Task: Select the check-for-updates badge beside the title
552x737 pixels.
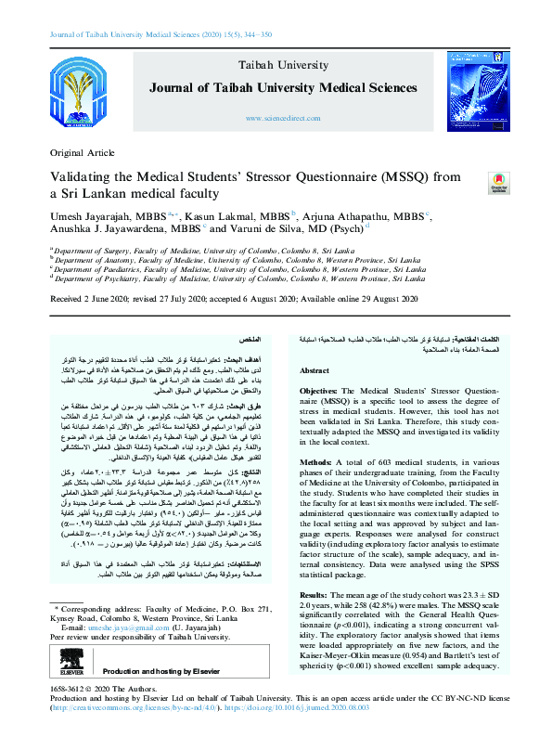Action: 498,182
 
